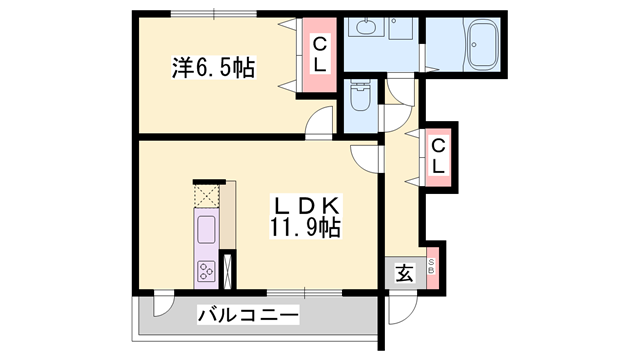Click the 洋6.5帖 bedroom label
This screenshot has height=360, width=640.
click(x=213, y=68)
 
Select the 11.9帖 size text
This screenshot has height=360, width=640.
click(x=305, y=228)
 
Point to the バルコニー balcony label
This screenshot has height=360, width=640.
click(x=248, y=315)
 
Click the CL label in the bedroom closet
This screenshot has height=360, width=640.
click(x=320, y=55)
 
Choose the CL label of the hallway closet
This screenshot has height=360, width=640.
click(x=438, y=156)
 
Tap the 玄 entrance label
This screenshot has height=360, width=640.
click(x=404, y=273)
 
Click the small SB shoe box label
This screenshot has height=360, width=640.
click(x=431, y=267)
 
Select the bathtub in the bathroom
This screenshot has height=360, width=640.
click(x=482, y=44)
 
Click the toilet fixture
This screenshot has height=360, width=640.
click(x=360, y=97)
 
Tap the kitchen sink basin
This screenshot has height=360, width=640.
click(x=207, y=230)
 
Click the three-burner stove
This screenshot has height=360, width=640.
click(x=207, y=271)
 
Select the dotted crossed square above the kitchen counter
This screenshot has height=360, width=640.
click(x=207, y=196)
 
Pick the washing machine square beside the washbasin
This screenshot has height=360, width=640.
click(x=400, y=28)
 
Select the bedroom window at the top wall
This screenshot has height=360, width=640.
click(x=214, y=13)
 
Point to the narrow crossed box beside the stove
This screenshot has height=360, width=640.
click(x=227, y=271)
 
